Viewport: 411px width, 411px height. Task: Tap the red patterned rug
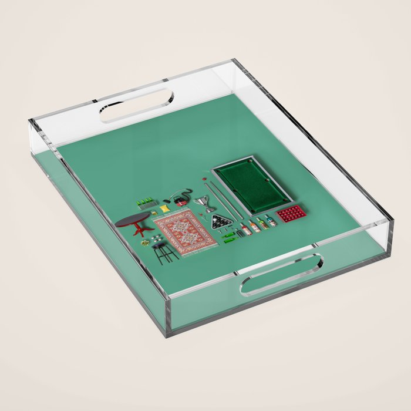(186, 231)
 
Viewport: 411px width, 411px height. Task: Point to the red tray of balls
(291, 213)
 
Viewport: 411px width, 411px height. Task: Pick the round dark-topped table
(133, 220)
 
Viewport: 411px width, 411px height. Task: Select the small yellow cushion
(165, 208)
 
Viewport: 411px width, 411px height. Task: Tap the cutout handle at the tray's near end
(281, 274)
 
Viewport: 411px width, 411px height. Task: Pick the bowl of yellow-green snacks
(144, 242)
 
